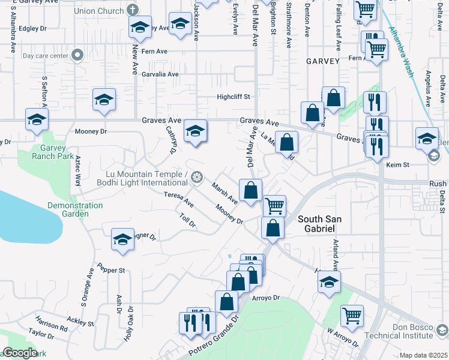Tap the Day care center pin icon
pyautogui.click(x=77, y=56)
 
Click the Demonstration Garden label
pyautogui.click(x=75, y=209)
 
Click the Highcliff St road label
pyautogui.click(x=234, y=96)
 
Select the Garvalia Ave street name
pyautogui.click(x=160, y=74)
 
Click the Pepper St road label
pyautogui.click(x=111, y=270)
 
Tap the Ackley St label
pyautogui.click(x=80, y=321)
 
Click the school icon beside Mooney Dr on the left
pyautogui.click(x=104, y=100)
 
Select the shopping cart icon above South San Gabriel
pyautogui.click(x=274, y=205)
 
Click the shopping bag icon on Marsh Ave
pyautogui.click(x=250, y=190)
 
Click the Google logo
pyautogui.click(x=20, y=353)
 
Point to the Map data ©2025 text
pyautogui.click(x=423, y=355)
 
